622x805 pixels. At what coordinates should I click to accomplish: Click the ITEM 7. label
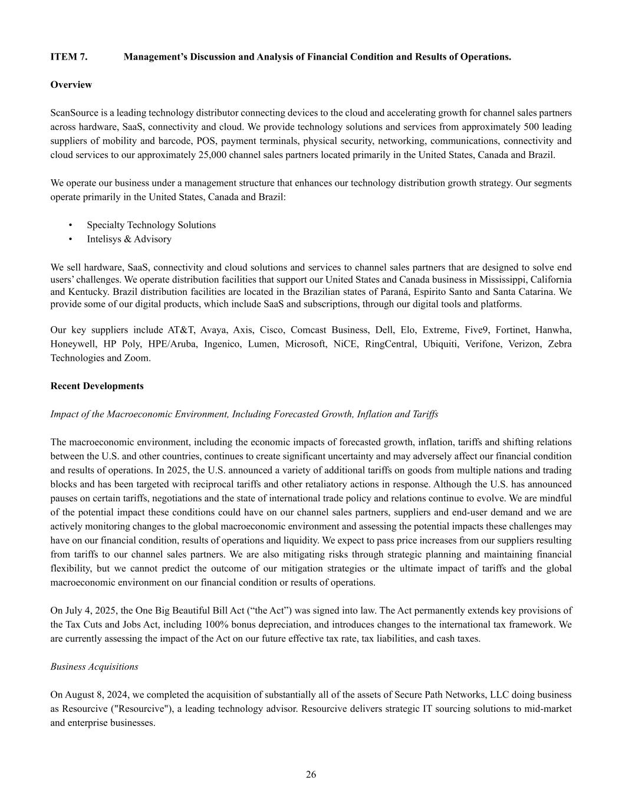click(x=69, y=57)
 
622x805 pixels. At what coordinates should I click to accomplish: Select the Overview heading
click(x=71, y=85)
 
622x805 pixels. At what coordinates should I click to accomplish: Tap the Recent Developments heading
click(x=97, y=386)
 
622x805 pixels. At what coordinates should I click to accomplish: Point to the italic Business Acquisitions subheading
click(x=94, y=667)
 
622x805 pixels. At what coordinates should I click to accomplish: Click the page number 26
click(x=311, y=775)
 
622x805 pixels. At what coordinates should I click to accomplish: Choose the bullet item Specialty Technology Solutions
click(x=151, y=225)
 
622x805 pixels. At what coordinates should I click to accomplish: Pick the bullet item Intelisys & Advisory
click(x=129, y=239)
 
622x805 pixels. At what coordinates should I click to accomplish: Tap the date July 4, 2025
click(x=85, y=611)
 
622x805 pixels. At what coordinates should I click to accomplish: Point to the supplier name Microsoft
click(x=305, y=344)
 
